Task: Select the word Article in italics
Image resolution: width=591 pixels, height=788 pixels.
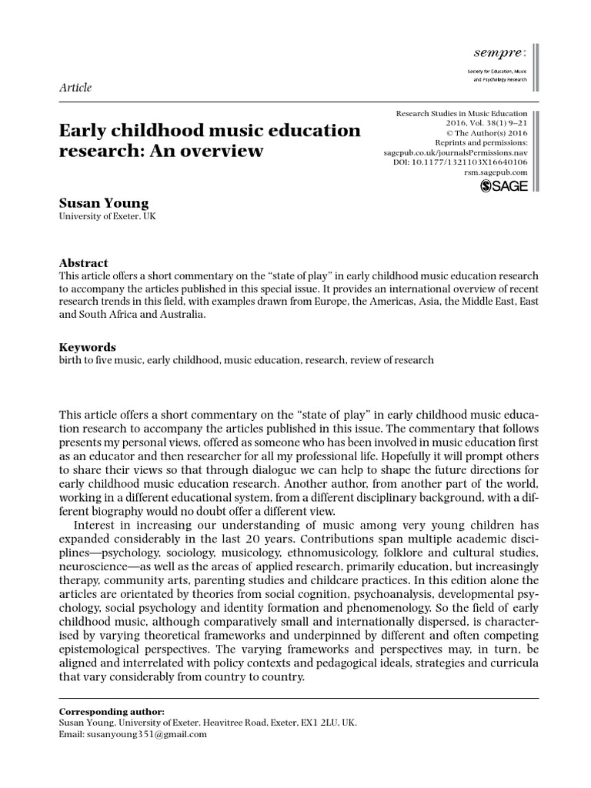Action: tap(75, 87)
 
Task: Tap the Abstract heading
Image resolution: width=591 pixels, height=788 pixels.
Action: tap(84, 262)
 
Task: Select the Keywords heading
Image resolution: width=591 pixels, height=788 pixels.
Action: tap(88, 346)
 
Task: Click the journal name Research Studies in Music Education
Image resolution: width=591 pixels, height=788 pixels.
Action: tap(462, 113)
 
